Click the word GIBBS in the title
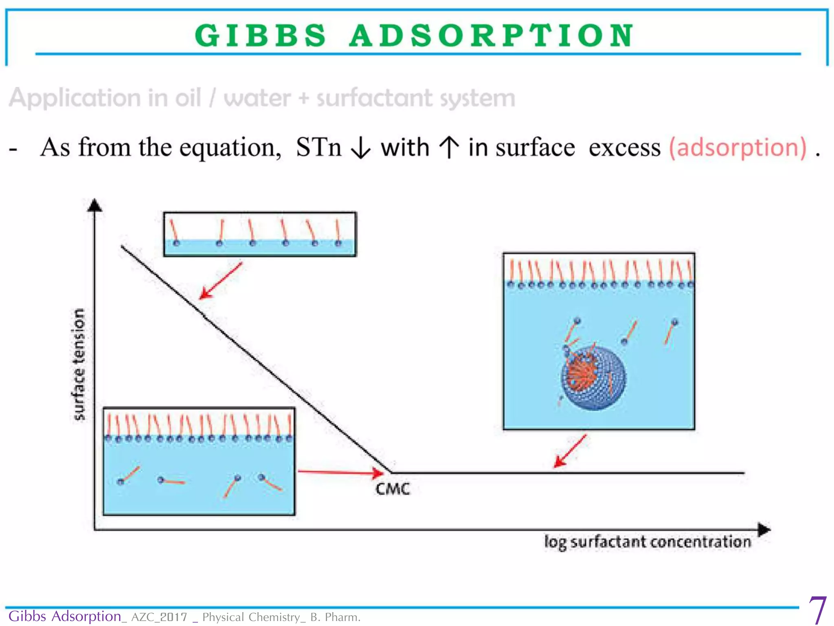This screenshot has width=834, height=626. (x=261, y=35)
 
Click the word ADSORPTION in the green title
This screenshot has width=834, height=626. (x=492, y=35)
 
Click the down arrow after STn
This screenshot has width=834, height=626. (x=361, y=148)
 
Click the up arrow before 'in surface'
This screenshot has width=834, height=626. (x=449, y=147)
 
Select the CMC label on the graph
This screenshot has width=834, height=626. (x=393, y=489)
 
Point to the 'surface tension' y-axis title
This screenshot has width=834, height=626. (x=79, y=364)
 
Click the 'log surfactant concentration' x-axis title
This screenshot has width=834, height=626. (x=647, y=542)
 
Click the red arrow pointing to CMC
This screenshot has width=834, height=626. (x=340, y=472)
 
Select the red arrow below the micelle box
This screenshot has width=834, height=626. (x=570, y=451)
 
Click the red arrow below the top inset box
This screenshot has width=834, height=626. (x=221, y=281)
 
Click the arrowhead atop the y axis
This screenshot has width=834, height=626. (x=94, y=205)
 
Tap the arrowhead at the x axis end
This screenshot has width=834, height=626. (x=764, y=530)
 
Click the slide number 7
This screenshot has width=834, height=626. (x=817, y=610)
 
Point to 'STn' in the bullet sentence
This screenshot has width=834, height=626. (x=318, y=147)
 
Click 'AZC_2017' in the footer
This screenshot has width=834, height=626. (x=159, y=617)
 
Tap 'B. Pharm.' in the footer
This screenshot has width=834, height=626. (x=335, y=617)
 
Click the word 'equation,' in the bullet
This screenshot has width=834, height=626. (x=230, y=148)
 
